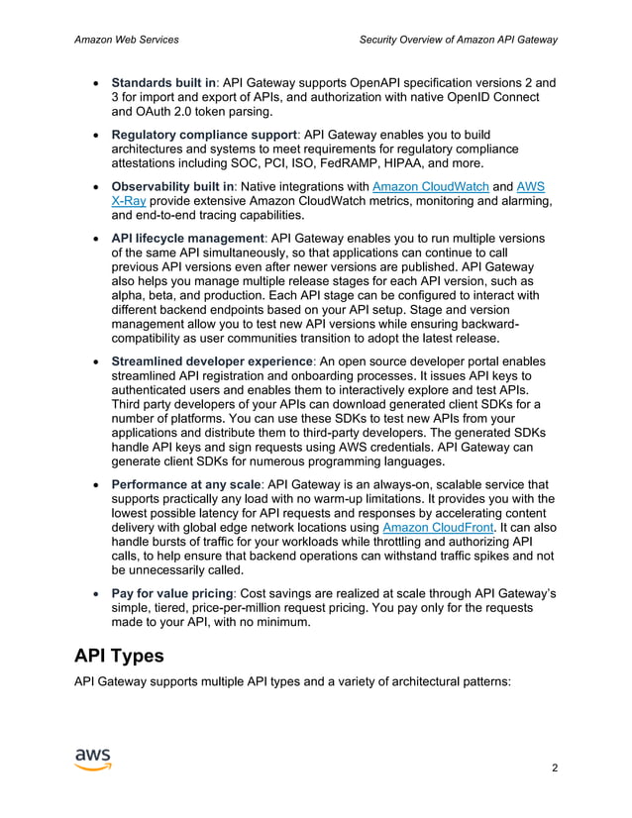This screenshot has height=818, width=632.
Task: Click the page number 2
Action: tap(554, 767)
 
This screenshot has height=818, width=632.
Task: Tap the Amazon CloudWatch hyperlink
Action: tap(430, 186)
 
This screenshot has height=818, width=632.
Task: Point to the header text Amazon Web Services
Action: tap(127, 40)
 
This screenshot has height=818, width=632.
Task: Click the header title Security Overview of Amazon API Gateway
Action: tap(458, 40)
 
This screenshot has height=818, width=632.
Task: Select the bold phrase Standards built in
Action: tap(163, 82)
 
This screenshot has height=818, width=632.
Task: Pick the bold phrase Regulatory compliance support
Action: tap(204, 134)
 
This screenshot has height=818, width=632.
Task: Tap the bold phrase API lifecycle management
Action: tap(187, 238)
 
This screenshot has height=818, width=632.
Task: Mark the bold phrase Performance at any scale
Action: tap(186, 485)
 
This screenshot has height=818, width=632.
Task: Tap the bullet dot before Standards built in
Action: tap(94, 83)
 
